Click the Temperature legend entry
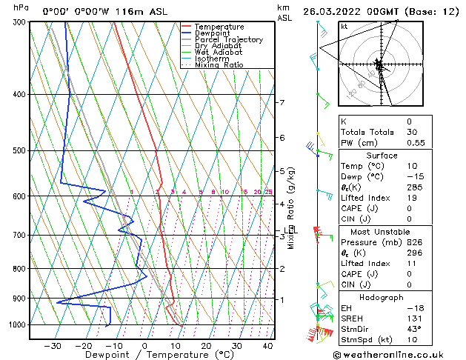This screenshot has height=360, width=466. [219, 27]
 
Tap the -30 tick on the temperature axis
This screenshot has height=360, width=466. [52, 347]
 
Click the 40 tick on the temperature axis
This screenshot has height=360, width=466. [267, 347]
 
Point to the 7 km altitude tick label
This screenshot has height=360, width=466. [282, 102]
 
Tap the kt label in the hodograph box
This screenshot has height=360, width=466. [344, 26]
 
